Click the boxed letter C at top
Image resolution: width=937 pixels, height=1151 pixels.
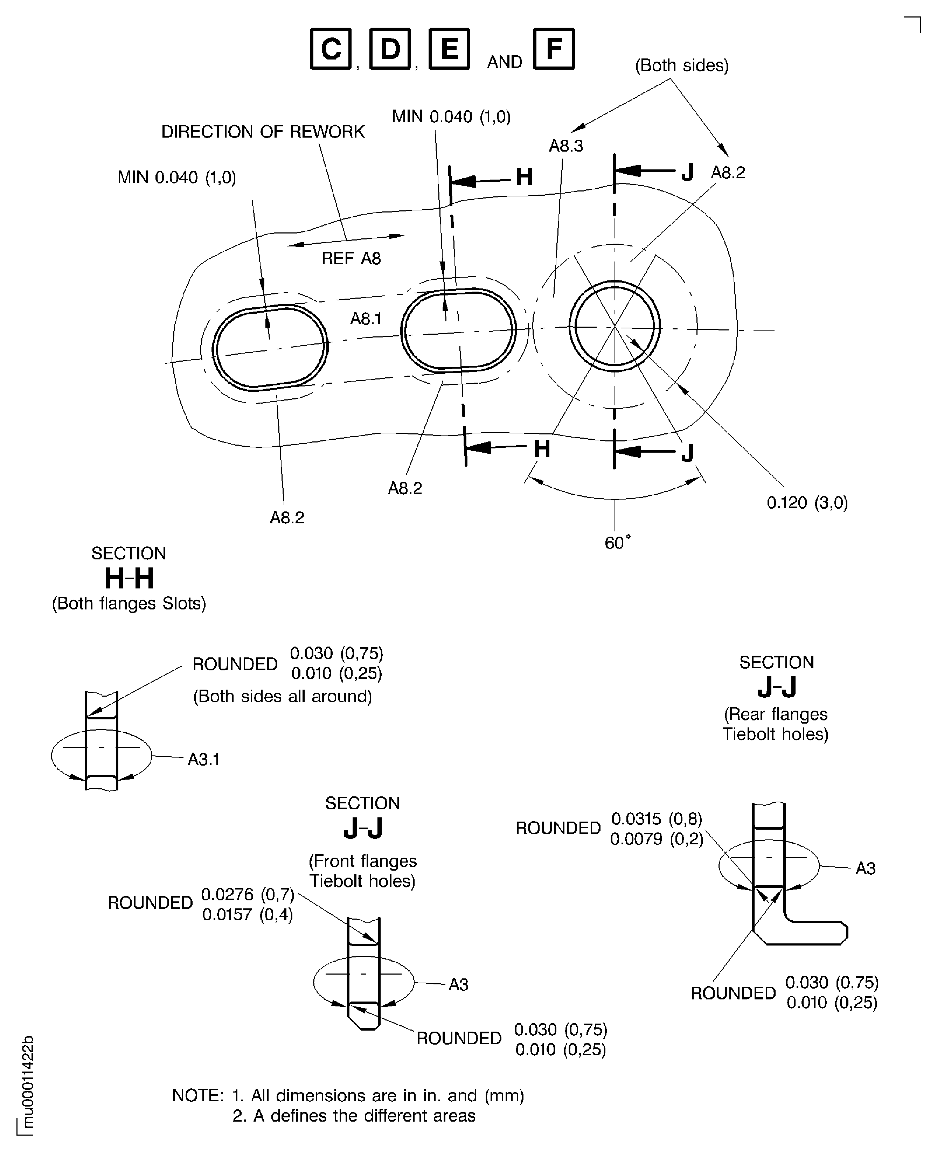(330, 49)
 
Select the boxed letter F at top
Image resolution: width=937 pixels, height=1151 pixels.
(554, 49)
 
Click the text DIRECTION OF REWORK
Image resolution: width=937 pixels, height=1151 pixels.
(263, 132)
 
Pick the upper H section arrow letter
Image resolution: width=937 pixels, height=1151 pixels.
(524, 177)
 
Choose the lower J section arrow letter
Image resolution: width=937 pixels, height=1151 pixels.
(687, 454)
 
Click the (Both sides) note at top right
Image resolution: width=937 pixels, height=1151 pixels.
(682, 65)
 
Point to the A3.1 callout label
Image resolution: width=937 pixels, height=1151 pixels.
(203, 760)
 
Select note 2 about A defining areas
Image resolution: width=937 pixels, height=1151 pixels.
(354, 1115)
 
